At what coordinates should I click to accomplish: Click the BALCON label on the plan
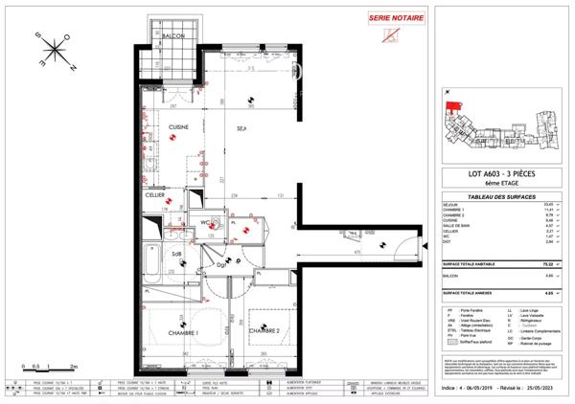[173, 36]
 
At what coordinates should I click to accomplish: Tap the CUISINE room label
[178, 126]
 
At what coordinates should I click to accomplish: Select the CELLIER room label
[155, 194]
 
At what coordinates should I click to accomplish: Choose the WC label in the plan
[206, 224]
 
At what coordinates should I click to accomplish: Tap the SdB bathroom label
[177, 255]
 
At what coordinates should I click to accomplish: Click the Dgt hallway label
[219, 264]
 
